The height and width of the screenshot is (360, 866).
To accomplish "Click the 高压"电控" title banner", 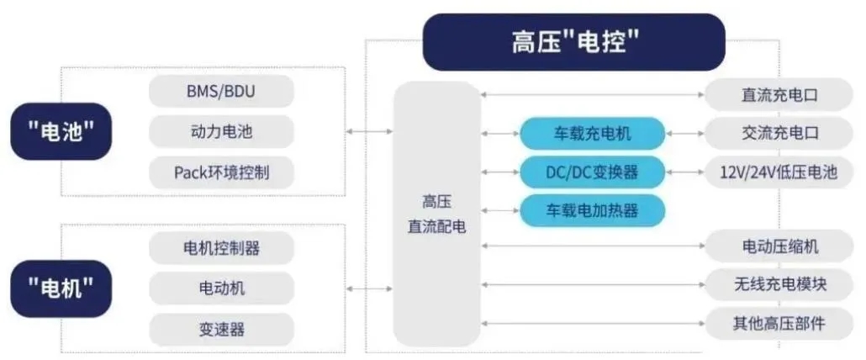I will (573, 42).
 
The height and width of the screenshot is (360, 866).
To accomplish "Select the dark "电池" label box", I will (61, 131).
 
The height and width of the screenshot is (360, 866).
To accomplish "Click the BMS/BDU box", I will (221, 92).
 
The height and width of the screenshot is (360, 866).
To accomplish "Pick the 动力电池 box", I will (221, 132).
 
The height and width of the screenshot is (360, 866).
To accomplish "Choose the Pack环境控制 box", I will (221, 172).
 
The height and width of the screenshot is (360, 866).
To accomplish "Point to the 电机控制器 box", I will (221, 248).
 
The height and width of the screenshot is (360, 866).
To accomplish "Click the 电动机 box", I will (221, 289).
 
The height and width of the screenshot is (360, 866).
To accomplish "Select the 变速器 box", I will (221, 329).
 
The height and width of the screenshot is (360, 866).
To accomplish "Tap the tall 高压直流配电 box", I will (437, 214).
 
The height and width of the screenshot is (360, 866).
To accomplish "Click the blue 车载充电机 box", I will (592, 133).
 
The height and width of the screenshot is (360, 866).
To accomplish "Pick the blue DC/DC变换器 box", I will (592, 172).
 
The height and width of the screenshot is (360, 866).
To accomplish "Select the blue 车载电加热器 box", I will (592, 209).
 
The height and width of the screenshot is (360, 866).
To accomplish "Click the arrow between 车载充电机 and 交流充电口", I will (684, 133).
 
